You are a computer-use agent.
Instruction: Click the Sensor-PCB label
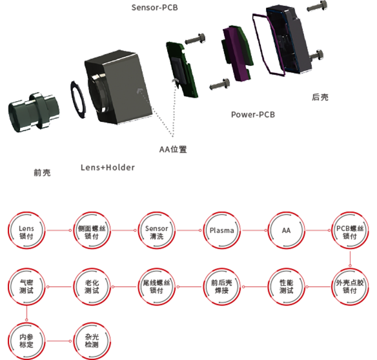(154, 8)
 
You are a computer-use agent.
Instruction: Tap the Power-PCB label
(253, 115)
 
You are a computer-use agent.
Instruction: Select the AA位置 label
(173, 149)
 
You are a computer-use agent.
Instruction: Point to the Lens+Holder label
(108, 168)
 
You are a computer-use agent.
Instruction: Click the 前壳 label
(43, 172)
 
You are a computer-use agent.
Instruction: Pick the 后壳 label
(320, 97)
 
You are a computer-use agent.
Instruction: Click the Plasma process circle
(221, 230)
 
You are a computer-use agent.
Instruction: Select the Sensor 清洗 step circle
(157, 230)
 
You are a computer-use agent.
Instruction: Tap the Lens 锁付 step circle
(26, 230)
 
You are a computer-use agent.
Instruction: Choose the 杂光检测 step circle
(92, 341)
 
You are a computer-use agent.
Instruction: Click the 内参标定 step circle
(26, 341)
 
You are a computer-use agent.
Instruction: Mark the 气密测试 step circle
(26, 286)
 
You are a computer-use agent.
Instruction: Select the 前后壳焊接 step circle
(221, 286)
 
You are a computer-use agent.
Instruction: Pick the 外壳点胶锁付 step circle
(350, 286)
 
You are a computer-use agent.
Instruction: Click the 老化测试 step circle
(92, 286)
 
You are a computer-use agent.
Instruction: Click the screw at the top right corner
(318, 6)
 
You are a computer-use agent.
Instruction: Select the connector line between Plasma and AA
(254, 230)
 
